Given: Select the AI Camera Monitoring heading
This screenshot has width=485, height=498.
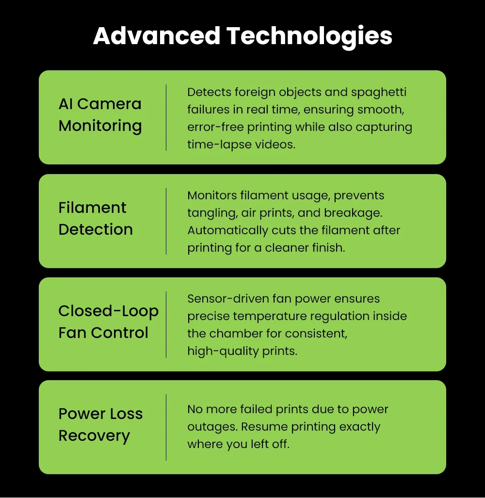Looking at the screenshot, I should click(x=100, y=114).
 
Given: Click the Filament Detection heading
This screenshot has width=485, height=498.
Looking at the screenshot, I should click(x=96, y=218).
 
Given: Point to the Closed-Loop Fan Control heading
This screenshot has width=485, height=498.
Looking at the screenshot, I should click(x=108, y=321).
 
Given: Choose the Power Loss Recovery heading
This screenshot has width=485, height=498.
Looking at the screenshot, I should click(x=101, y=424).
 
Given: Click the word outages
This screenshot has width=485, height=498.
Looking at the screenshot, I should click(x=211, y=427).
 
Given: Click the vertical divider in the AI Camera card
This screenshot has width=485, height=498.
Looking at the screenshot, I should click(x=166, y=117).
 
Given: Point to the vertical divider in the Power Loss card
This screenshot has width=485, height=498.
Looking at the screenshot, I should click(x=166, y=427).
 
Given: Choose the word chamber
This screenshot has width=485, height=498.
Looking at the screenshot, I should click(x=230, y=334).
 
